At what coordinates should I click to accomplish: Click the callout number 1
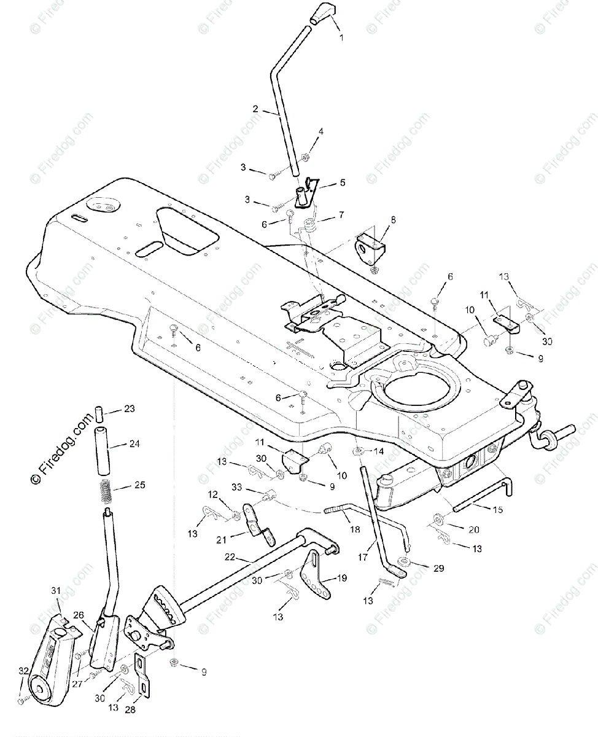341,37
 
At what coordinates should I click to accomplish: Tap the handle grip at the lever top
322,15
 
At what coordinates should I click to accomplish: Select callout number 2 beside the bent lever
255,109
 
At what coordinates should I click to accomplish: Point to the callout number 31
56,590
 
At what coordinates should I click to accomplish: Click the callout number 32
23,671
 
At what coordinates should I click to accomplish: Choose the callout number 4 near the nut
320,131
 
